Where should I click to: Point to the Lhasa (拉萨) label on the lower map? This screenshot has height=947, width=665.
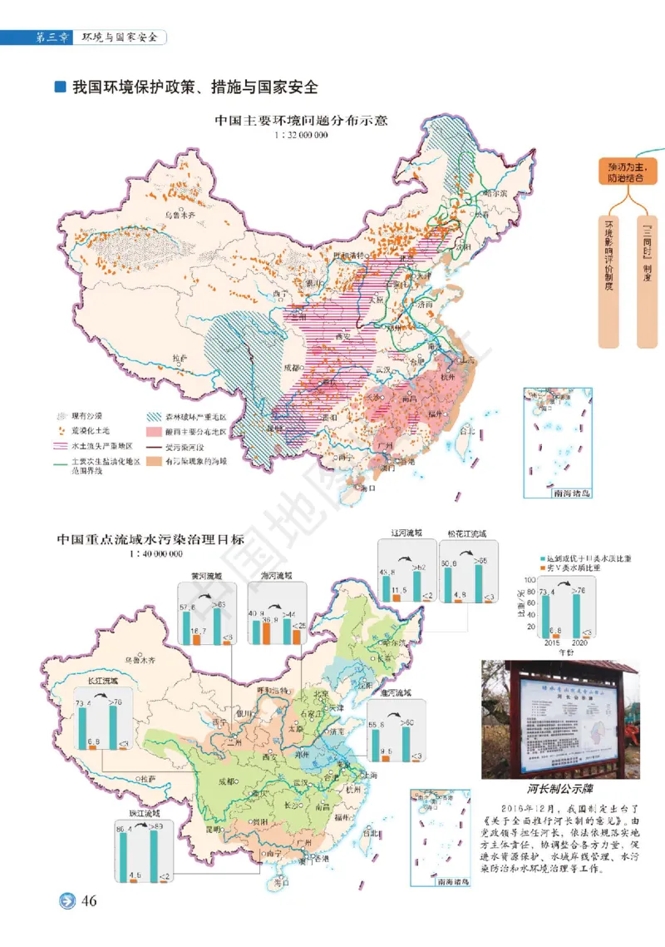[x=148, y=779]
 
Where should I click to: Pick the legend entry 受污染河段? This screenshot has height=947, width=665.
[x=186, y=447]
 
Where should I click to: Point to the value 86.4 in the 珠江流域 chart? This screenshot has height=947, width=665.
[x=126, y=830]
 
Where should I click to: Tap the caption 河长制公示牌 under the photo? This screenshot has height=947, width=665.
[x=561, y=788]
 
